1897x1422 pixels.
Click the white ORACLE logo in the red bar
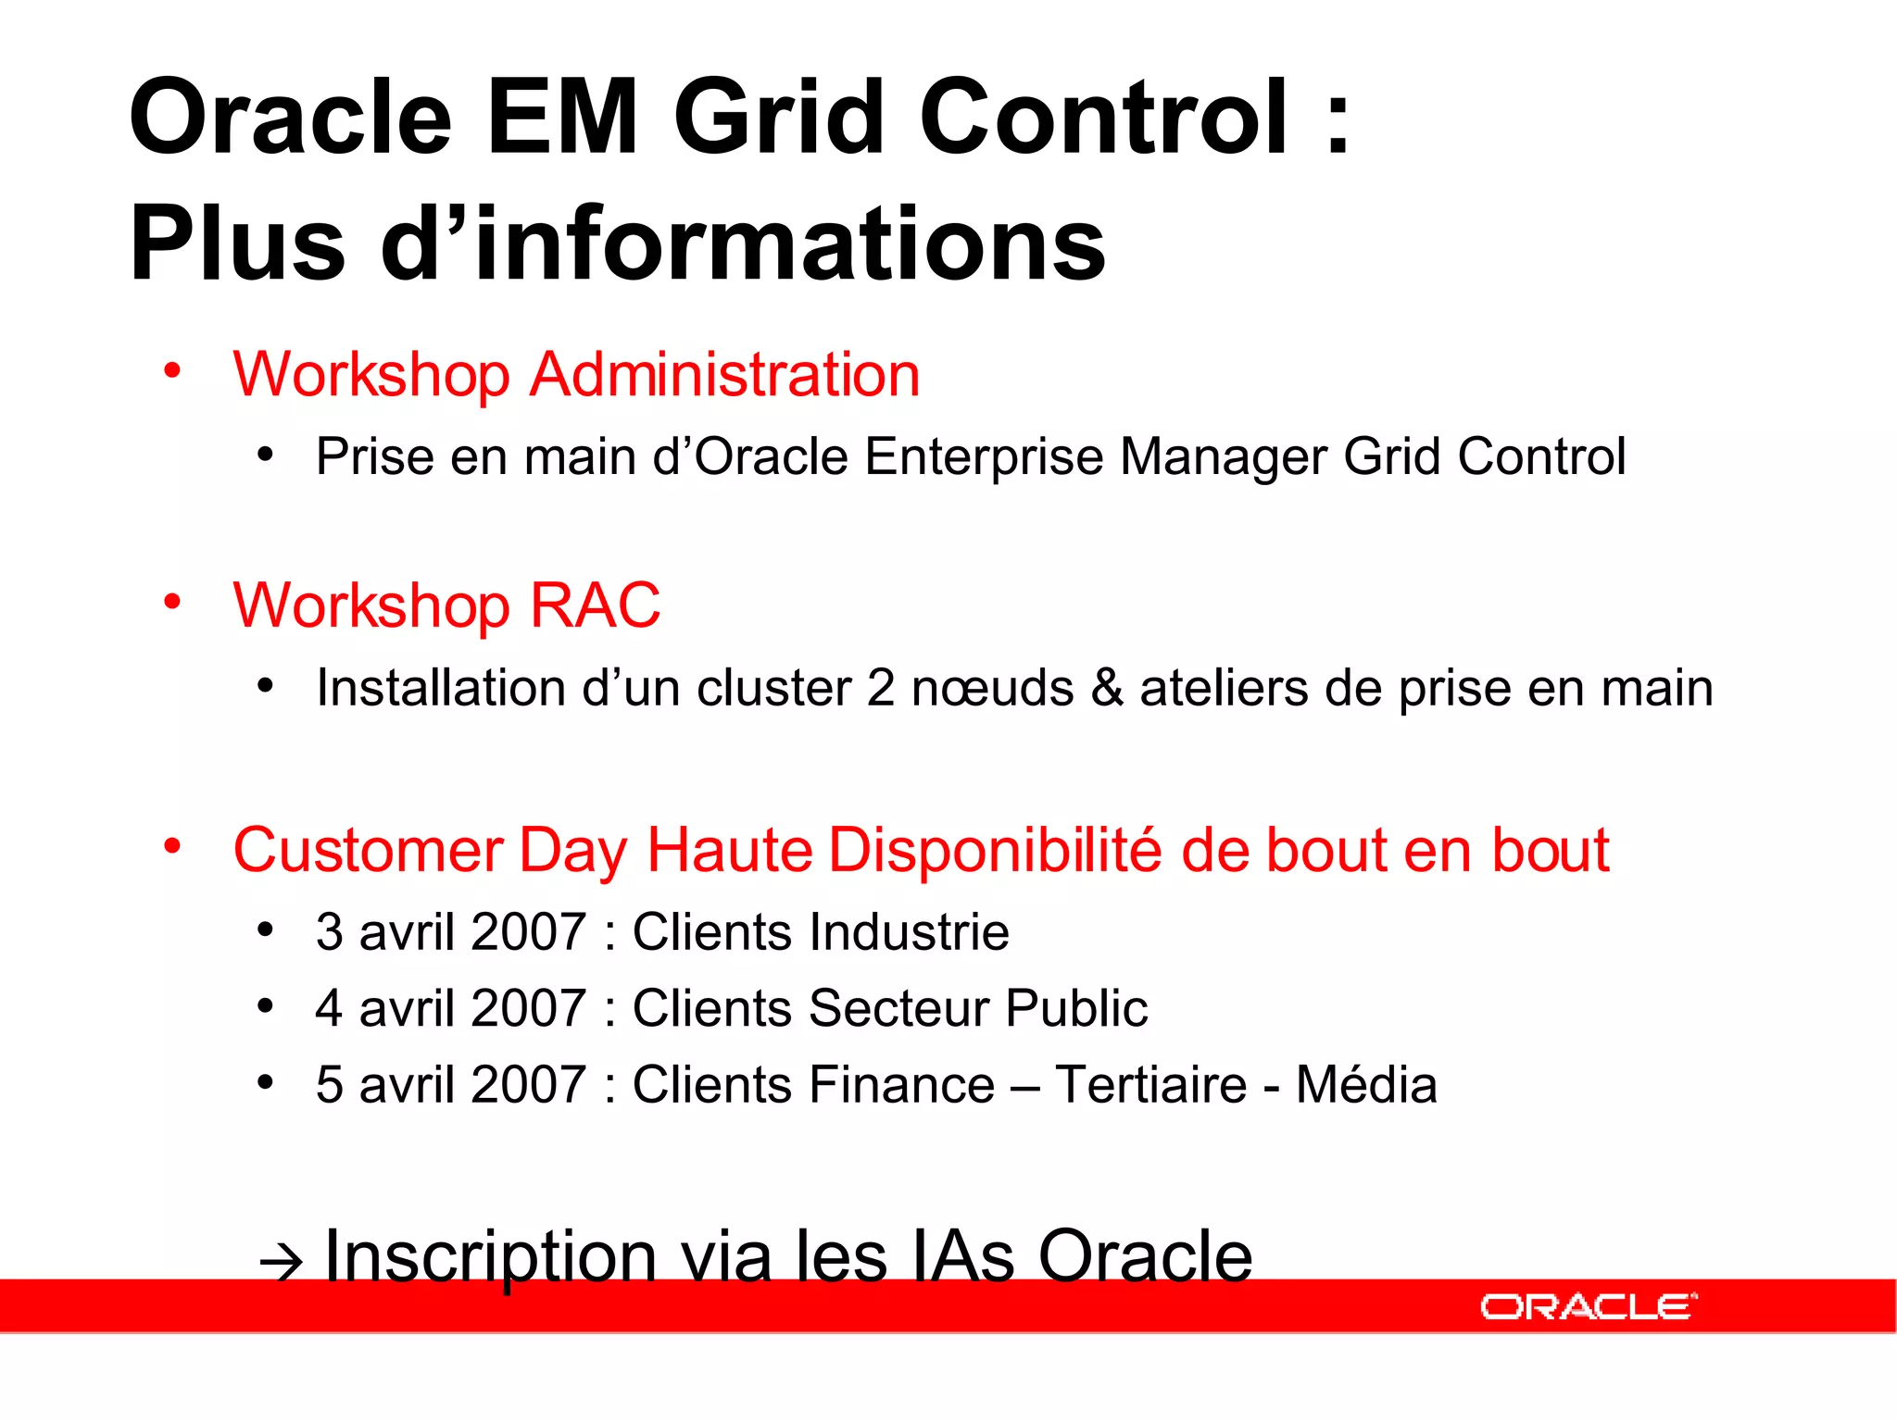tap(1588, 1306)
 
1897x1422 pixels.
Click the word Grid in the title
tap(778, 118)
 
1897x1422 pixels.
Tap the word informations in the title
tap(790, 243)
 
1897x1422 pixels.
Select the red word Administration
tap(724, 375)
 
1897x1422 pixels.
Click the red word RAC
tap(595, 605)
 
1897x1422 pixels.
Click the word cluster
tap(773, 688)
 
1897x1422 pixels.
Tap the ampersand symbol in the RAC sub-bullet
tap(1107, 688)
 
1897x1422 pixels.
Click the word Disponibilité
tap(995, 850)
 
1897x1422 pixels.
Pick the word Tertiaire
tap(1150, 1084)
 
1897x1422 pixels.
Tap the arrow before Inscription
tap(282, 1261)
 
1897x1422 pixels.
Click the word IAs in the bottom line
tap(963, 1256)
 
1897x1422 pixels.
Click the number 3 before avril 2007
tap(329, 931)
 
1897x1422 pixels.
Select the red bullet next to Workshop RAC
tap(172, 602)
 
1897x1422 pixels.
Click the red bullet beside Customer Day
tap(172, 846)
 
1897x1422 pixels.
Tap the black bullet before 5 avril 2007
tap(266, 1082)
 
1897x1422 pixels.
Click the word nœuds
tap(992, 688)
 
